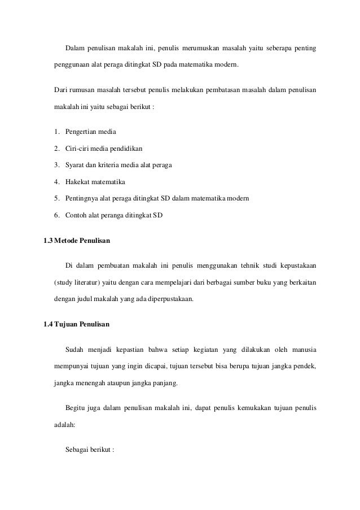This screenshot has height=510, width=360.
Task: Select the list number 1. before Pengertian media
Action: tap(58, 132)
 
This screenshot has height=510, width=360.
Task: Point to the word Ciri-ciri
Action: tap(78, 149)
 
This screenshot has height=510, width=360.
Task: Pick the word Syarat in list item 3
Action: tap(76, 165)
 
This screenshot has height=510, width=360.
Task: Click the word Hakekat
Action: tap(79, 182)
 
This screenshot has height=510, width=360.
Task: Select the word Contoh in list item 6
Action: tap(77, 215)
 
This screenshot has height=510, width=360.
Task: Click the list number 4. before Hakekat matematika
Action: tap(58, 182)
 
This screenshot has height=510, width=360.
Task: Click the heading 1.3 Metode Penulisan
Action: tap(77, 241)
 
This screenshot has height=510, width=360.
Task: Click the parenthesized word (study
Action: tap(64, 281)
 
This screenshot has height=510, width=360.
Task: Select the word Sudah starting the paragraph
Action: tap(76, 350)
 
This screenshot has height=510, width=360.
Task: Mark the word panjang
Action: tap(165, 383)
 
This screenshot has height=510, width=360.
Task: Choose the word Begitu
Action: tap(76, 408)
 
